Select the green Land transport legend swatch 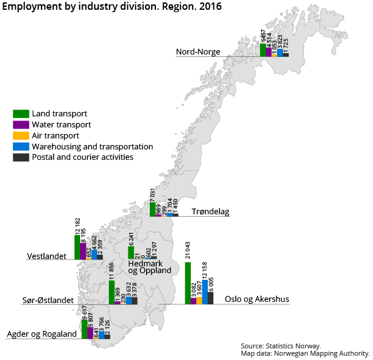pyautogui.click(x=21, y=113)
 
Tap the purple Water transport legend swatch pyautogui.click(x=21, y=124)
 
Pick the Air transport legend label pyautogui.click(x=55, y=135)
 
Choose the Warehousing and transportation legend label pyautogui.click(x=92, y=146)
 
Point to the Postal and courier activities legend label pyautogui.click(x=83, y=157)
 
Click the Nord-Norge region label pyautogui.click(x=198, y=52)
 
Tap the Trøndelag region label pyautogui.click(x=210, y=212)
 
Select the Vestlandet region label pyautogui.click(x=46, y=256)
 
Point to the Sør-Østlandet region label pyautogui.click(x=45, y=301)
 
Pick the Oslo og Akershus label pyautogui.click(x=257, y=300)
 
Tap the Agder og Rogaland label pyautogui.click(x=42, y=334)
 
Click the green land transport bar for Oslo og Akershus pyautogui.click(x=188, y=283)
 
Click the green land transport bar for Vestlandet pyautogui.click(x=77, y=247)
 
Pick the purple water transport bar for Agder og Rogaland pyautogui.click(x=90, y=332)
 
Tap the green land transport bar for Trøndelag pyautogui.click(x=152, y=209)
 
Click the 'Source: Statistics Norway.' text pyautogui.click(x=280, y=346)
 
